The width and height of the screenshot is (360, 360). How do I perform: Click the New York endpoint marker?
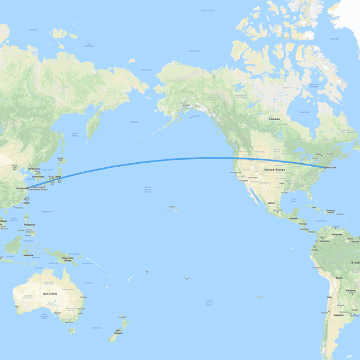click(324, 167)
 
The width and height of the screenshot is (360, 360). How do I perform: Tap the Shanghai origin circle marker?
click(27, 188)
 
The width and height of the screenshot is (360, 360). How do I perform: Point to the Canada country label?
click(274, 119)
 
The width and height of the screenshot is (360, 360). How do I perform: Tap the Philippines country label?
click(29, 225)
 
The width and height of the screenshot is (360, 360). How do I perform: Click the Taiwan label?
click(26, 202)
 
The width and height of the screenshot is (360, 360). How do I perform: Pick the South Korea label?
click(39, 176)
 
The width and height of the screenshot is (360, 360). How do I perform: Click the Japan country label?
click(57, 176)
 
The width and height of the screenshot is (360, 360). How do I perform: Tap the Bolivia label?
click(339, 278)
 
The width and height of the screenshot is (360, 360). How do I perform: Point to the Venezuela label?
click(337, 234)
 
